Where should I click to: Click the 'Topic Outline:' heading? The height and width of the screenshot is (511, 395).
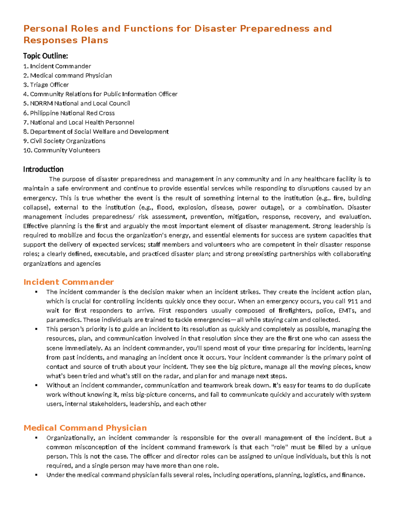click(45, 56)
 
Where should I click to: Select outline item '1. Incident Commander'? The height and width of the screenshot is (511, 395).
click(57, 66)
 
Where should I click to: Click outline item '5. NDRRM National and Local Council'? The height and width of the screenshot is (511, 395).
click(76, 103)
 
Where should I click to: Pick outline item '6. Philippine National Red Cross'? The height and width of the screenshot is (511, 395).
click(69, 113)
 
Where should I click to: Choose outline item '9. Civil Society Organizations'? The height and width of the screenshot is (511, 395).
click(64, 141)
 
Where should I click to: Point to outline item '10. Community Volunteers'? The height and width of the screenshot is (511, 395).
click(62, 150)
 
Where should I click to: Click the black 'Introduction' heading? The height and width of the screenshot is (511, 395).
click(43, 169)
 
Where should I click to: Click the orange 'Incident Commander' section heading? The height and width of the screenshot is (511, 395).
click(68, 282)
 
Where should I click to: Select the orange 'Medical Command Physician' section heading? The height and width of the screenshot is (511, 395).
click(85, 428)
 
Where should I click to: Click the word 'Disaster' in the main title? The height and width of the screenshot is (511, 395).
click(215, 29)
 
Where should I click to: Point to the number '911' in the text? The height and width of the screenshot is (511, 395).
click(353, 301)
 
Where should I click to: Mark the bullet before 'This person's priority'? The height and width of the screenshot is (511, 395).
click(36, 329)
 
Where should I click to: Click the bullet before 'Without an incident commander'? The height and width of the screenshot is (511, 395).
click(36, 385)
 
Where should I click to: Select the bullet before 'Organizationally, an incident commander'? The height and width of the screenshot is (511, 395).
click(36, 438)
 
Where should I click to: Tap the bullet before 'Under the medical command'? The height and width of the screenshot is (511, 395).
click(36, 475)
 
